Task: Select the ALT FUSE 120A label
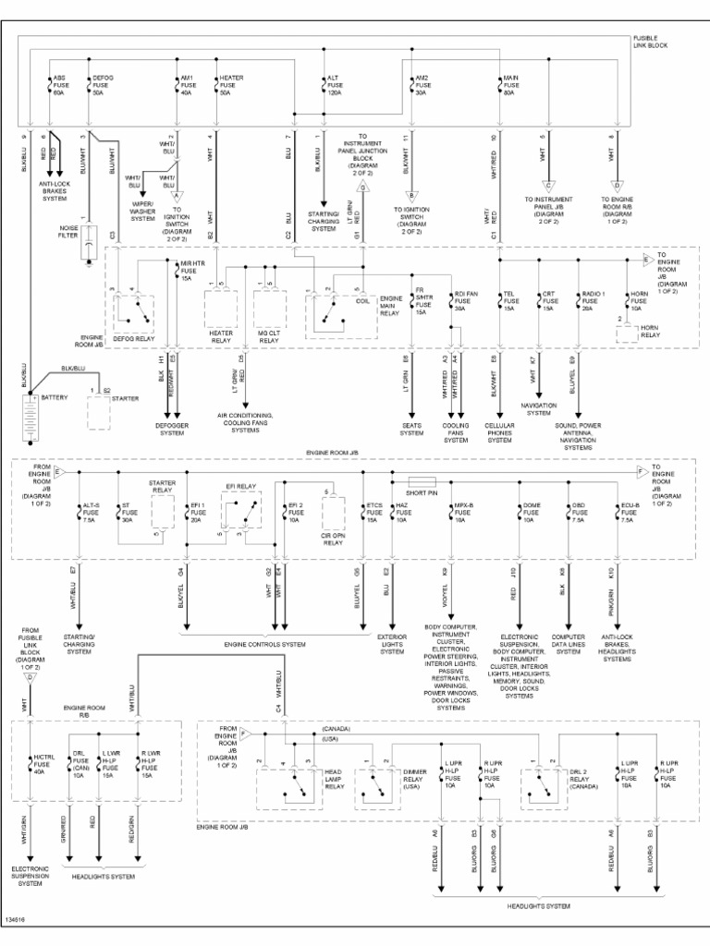[334, 85]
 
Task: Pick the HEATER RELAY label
[222, 335]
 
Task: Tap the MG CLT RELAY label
[268, 335]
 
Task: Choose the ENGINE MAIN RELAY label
[391, 305]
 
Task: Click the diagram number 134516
[15, 920]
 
